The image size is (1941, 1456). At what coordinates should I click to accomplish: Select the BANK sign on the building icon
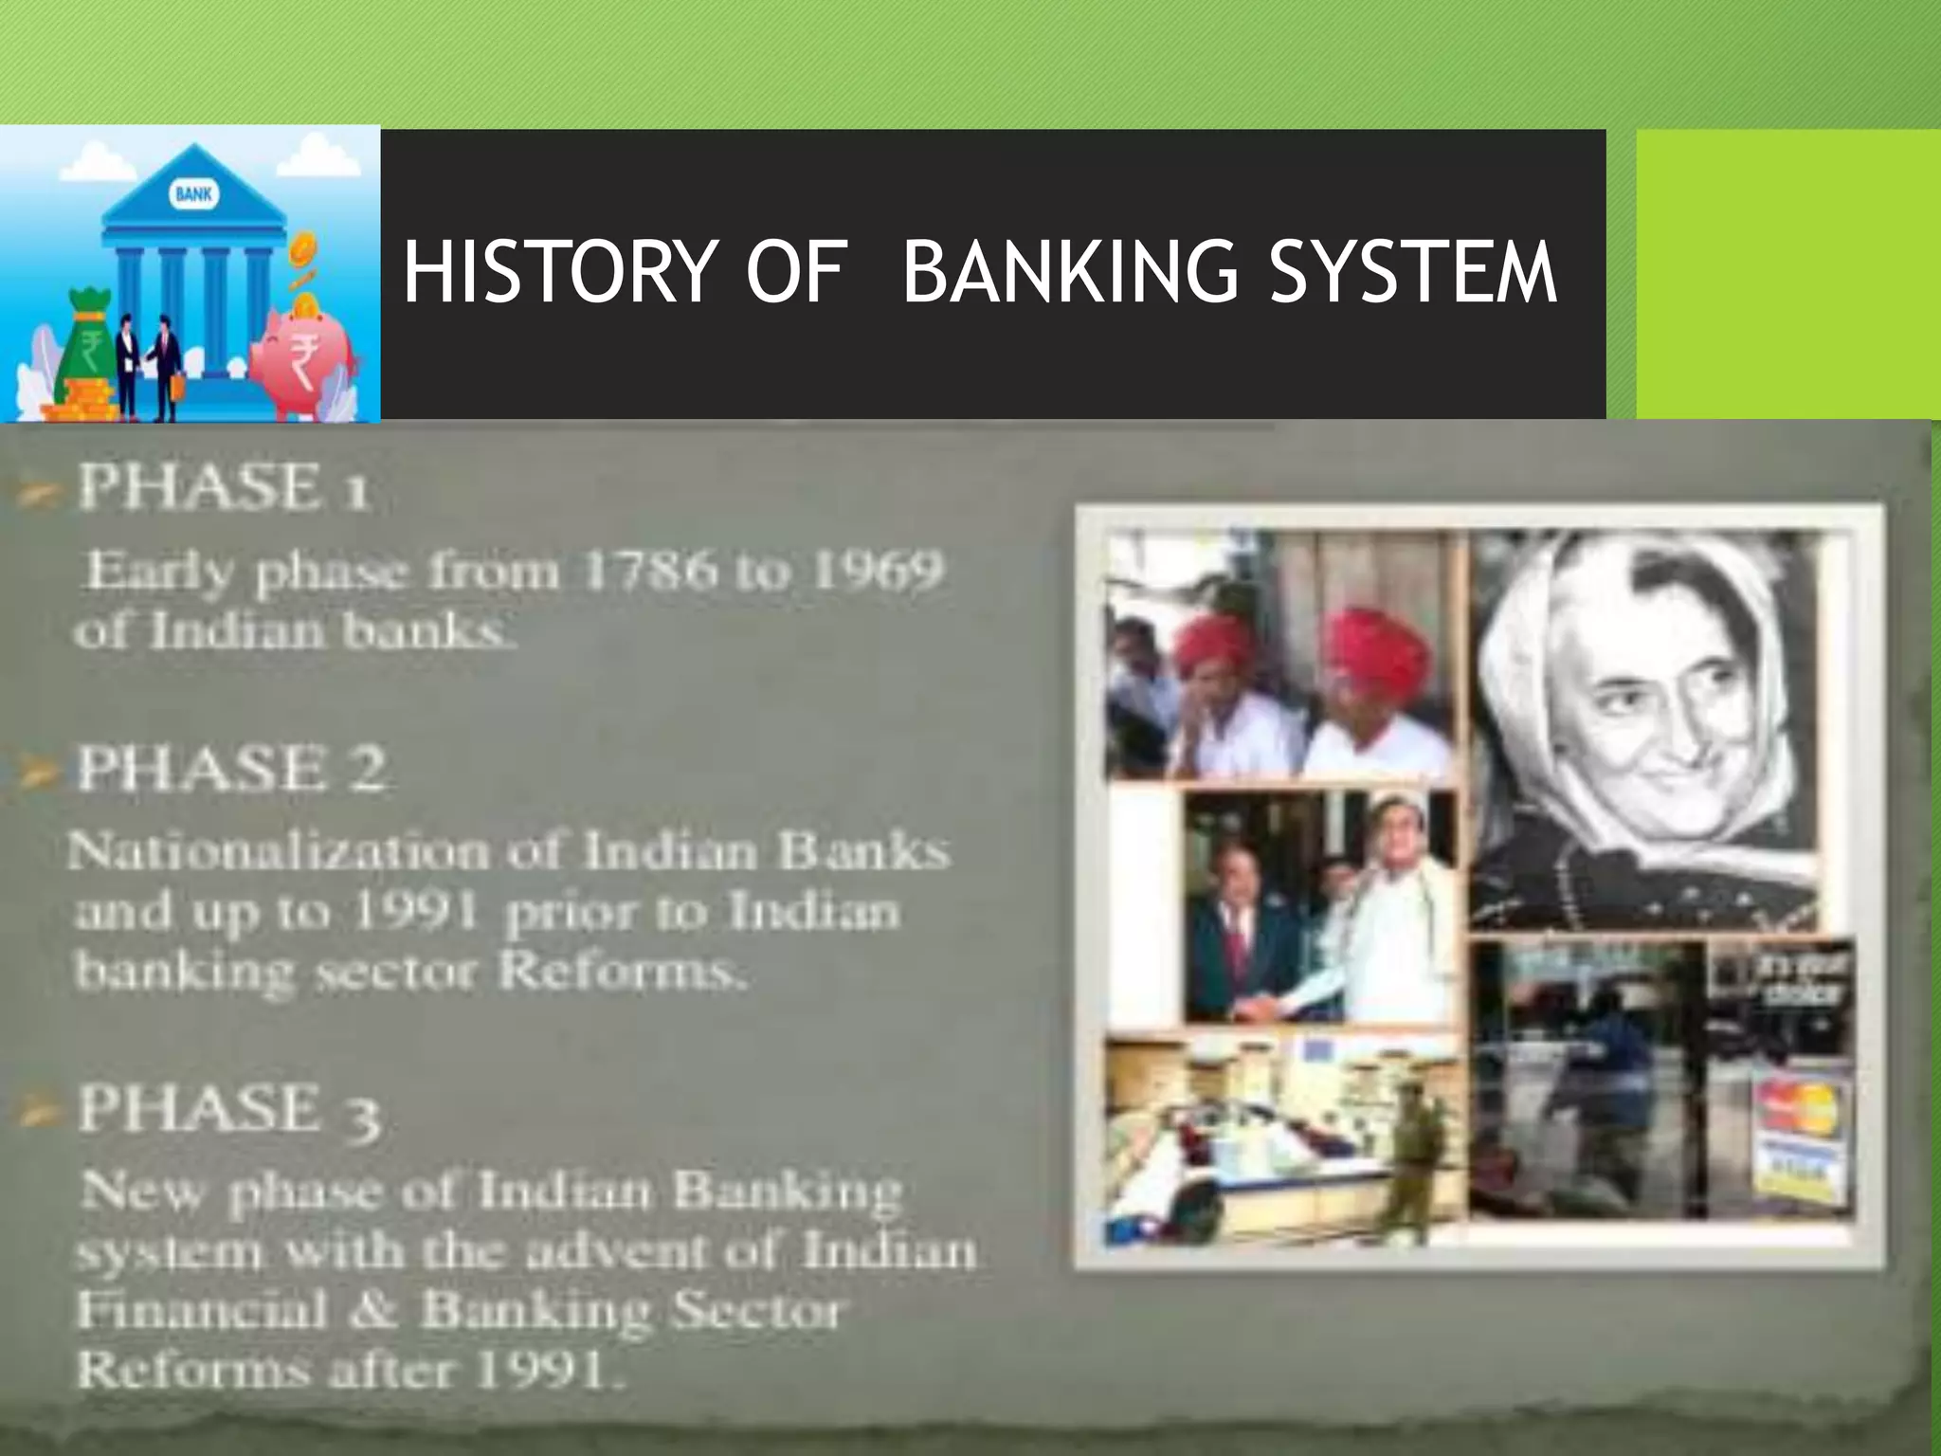[193, 195]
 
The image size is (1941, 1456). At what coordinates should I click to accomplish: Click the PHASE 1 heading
[224, 488]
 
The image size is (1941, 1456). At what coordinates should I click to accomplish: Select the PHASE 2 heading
[231, 769]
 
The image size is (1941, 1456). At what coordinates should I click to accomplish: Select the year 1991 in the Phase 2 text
[414, 912]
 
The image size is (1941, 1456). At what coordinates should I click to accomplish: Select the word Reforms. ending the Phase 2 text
[620, 972]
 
